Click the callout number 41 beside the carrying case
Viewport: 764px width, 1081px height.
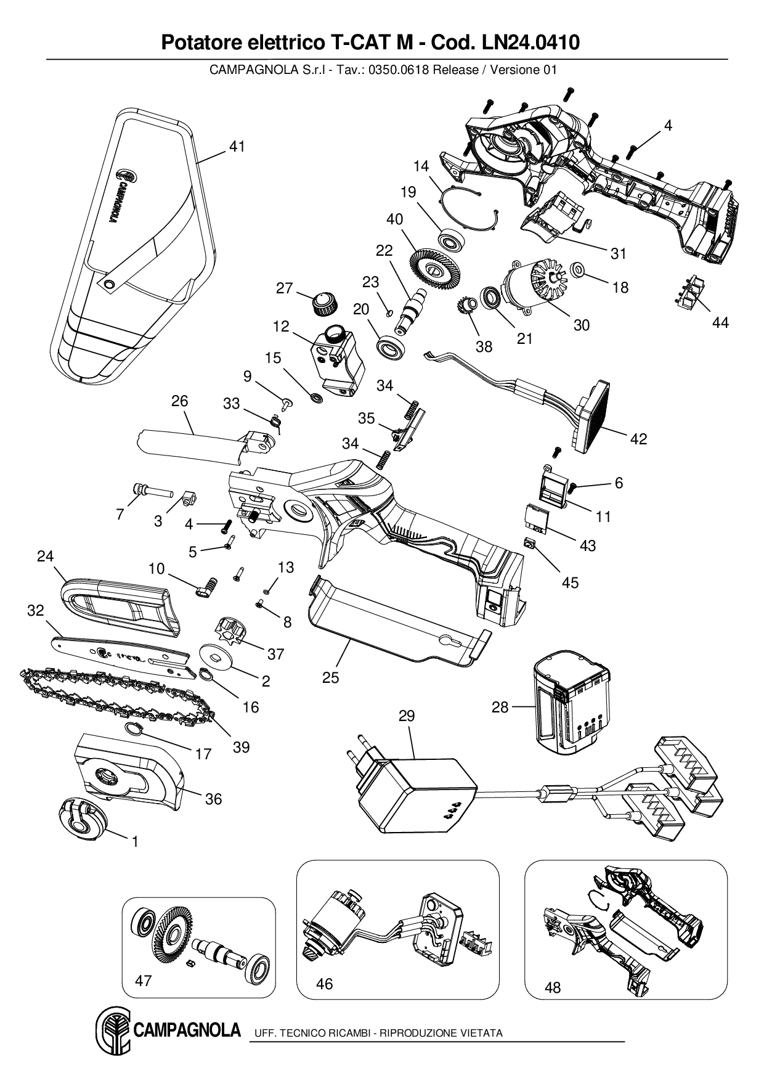237,147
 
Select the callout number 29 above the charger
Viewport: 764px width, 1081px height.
407,716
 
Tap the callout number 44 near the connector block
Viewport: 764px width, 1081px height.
720,322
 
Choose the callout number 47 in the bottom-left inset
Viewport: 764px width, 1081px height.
143,981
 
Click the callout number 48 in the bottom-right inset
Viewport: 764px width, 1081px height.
553,987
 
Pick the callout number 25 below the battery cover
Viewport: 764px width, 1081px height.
330,677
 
